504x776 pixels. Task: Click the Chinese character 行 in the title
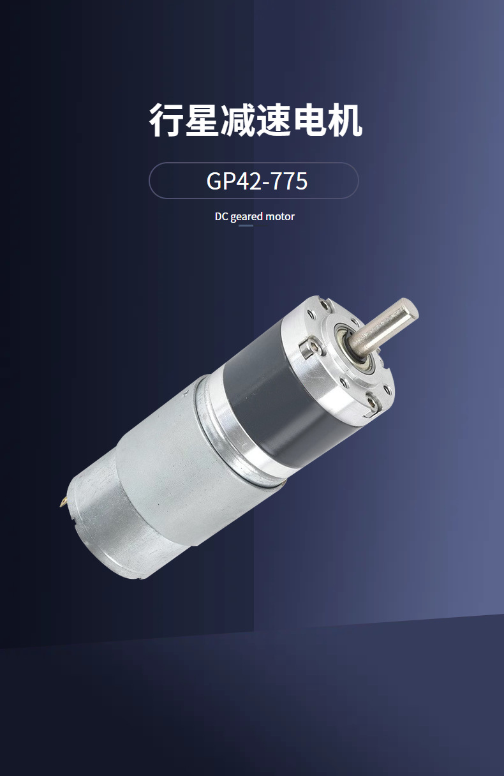[167, 120]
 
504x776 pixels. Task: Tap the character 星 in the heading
[202, 120]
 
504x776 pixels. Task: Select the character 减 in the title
[237, 120]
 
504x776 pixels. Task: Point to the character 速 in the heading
[273, 120]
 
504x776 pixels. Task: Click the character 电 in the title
[309, 120]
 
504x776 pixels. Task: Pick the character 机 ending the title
[345, 120]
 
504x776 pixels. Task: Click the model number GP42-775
[256, 181]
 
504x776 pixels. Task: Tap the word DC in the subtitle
[221, 216]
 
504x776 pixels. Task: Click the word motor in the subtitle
[280, 217]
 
